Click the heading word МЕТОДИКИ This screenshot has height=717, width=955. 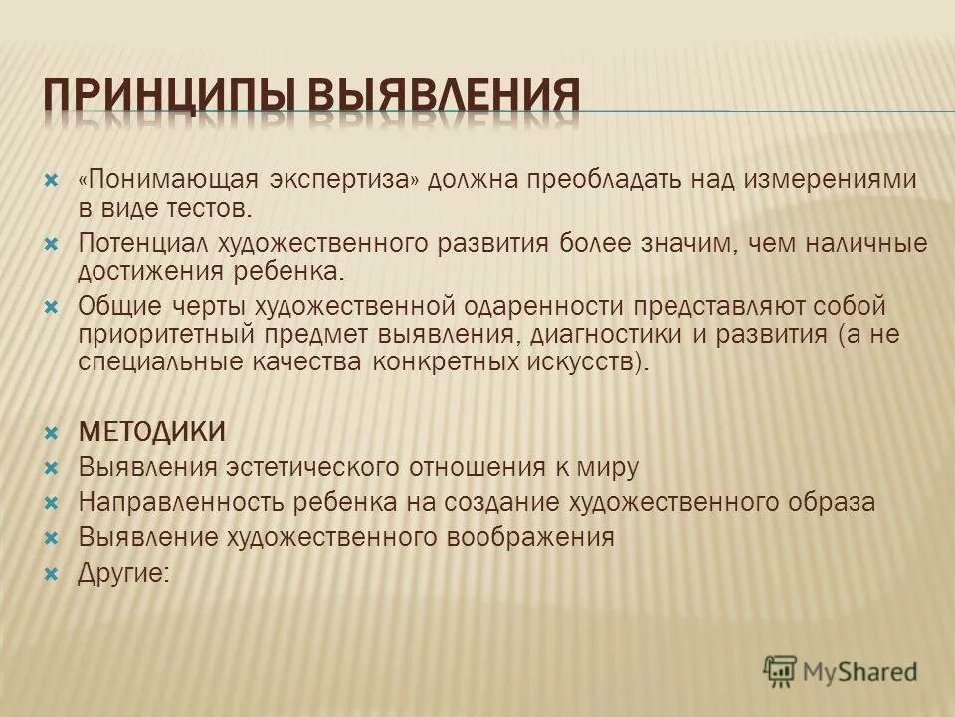point(152,431)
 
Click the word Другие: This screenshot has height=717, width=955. point(123,573)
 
